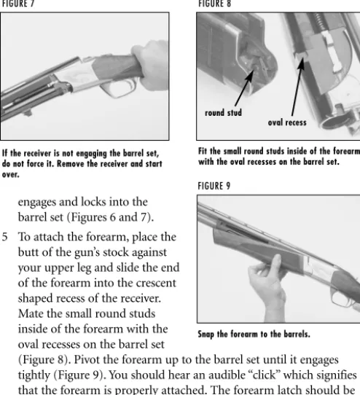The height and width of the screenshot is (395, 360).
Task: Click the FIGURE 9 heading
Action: [x=214, y=186]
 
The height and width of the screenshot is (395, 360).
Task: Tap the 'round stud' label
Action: [x=223, y=113]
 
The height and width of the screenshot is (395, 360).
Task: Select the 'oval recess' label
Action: [x=287, y=122]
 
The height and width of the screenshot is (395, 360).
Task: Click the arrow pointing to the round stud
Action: [x=244, y=87]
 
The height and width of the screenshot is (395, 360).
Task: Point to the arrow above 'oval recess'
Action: [x=297, y=87]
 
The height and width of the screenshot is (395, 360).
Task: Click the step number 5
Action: [x=5, y=237]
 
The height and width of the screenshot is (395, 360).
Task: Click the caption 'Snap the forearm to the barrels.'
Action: [x=254, y=334]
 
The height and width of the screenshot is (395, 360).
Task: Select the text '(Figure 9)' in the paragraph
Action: [x=80, y=375]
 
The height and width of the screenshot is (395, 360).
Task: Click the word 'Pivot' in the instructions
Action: [x=87, y=360]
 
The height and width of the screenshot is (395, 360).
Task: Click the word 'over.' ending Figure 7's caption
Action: [x=11, y=174]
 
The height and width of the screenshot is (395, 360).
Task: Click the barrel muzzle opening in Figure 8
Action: [x=332, y=122]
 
